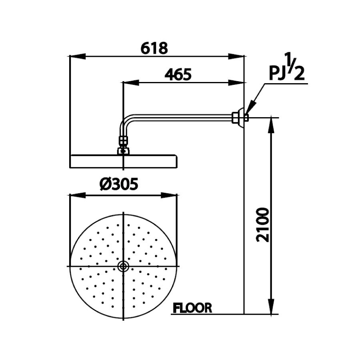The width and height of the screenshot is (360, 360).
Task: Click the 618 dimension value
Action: pos(154,48)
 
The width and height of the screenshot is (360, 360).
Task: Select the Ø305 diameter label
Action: pos(119,185)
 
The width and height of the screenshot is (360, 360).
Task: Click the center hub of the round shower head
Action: pos(124,266)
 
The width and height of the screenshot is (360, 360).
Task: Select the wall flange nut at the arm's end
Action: pos(239,118)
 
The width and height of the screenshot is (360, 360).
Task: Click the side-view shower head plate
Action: pos(124,161)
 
